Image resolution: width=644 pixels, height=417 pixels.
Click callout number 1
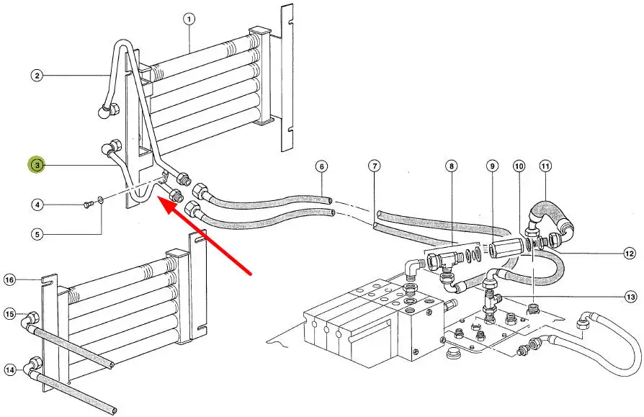[x=189, y=19]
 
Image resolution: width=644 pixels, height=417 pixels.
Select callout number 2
[x=37, y=74]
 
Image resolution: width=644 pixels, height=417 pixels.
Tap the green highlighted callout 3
[x=37, y=166]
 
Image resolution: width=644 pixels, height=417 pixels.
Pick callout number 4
[x=37, y=205]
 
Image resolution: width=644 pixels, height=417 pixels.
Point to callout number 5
[x=37, y=233]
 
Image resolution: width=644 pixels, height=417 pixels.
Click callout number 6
[x=321, y=166]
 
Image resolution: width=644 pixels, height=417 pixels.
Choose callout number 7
[x=375, y=166]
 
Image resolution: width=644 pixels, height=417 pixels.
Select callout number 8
[x=451, y=166]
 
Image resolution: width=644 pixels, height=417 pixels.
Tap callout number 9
[x=493, y=166]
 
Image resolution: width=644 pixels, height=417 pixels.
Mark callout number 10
[x=519, y=166]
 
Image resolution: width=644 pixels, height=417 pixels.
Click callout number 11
[x=545, y=166]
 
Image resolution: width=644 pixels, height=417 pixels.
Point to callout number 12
[x=630, y=253]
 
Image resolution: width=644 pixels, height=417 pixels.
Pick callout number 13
[x=631, y=297]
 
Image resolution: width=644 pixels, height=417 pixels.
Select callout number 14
[x=10, y=369]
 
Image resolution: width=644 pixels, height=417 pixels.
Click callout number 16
[x=10, y=279]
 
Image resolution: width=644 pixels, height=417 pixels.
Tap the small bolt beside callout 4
[x=88, y=205]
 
